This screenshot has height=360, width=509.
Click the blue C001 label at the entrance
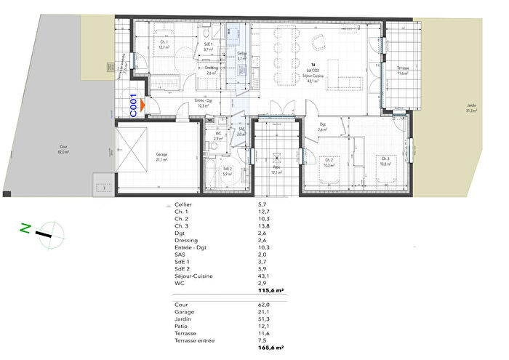point(134,106)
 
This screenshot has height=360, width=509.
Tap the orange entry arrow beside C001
point(143,106)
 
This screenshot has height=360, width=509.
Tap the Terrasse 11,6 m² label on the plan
point(403,71)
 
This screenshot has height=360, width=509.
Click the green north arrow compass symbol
point(47,233)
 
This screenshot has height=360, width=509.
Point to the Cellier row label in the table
point(184,206)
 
